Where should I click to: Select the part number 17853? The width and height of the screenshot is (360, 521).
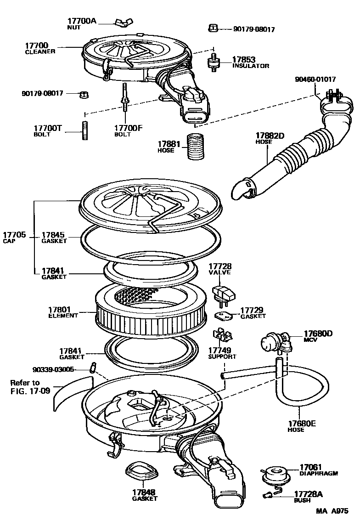coord(243,60)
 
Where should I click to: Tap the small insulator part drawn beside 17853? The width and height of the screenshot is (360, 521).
coord(213,62)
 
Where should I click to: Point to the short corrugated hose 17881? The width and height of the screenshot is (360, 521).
coord(197,146)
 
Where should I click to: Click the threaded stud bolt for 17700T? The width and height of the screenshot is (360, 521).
coord(84,130)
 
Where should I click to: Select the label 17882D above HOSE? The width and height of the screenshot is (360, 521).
coord(270,136)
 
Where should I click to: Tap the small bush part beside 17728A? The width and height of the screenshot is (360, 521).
coord(268,494)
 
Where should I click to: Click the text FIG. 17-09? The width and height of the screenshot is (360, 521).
coord(30,391)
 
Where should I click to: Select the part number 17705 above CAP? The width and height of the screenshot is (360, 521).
coord(15,235)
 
